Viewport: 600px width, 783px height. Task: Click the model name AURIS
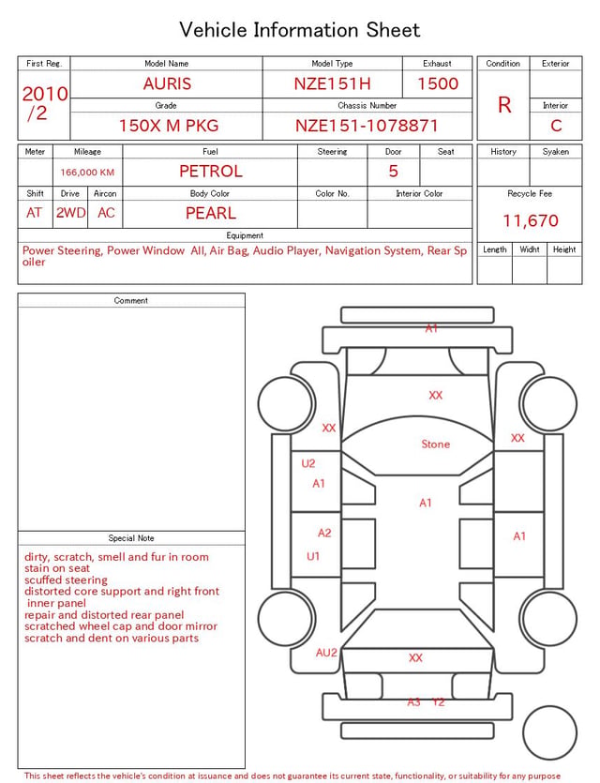[167, 83]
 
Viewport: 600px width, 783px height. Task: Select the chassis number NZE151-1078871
[367, 126]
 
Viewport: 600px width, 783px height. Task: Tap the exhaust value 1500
[438, 83]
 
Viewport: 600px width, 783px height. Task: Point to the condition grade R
[504, 105]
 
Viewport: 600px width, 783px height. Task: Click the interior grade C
[556, 126]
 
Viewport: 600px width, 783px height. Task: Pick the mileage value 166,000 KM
[87, 173]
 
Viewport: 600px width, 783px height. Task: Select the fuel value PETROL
[211, 172]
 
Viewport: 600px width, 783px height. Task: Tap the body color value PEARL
[211, 213]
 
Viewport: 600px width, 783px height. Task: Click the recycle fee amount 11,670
[530, 220]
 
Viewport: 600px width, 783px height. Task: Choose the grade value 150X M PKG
[169, 126]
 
